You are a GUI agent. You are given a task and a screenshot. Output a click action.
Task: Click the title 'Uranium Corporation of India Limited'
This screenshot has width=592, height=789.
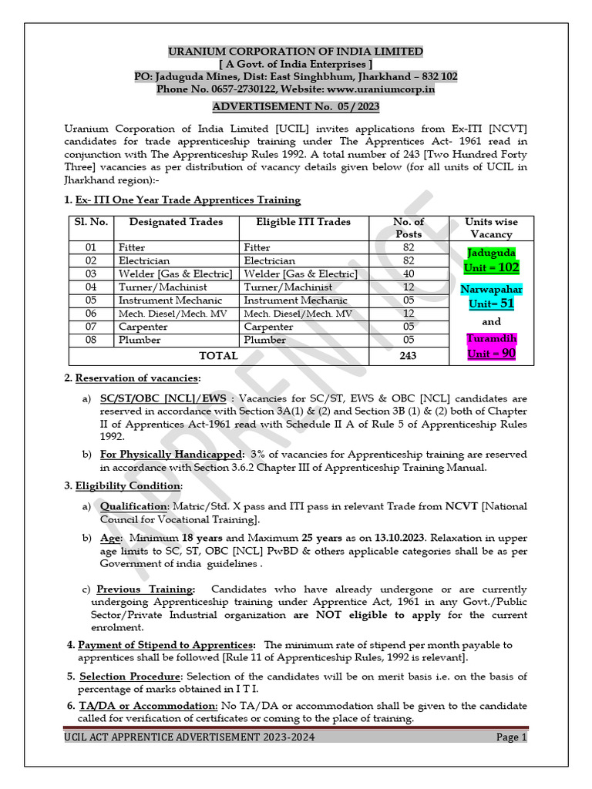(x=296, y=51)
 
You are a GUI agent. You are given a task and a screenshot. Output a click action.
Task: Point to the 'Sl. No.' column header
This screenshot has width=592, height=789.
(x=90, y=222)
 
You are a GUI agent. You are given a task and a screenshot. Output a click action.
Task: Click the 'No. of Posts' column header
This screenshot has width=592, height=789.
(x=408, y=227)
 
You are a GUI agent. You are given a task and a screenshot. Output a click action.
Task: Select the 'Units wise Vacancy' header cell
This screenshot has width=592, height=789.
(x=491, y=227)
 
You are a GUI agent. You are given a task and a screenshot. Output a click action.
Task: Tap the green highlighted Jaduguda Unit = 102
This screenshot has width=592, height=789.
(x=491, y=260)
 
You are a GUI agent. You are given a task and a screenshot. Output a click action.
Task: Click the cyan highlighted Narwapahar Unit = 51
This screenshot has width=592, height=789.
(x=491, y=295)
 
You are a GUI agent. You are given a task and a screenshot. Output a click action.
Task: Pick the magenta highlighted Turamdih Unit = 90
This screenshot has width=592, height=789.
(x=491, y=346)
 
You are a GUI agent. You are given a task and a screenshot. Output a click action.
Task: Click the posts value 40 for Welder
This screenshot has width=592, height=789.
(x=408, y=274)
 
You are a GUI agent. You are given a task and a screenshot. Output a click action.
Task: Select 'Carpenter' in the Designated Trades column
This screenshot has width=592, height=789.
(x=143, y=327)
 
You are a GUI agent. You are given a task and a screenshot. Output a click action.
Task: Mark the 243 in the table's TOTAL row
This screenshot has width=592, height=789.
(x=408, y=356)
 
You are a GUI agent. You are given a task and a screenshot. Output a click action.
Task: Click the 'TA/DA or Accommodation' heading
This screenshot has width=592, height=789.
(x=147, y=705)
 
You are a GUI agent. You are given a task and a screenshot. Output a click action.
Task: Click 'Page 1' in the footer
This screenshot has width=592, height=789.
(x=511, y=737)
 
